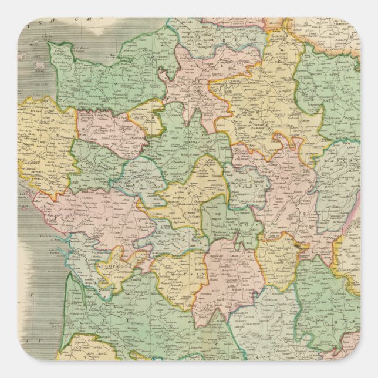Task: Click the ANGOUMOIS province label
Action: [119, 256]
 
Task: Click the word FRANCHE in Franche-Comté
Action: [340, 167]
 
